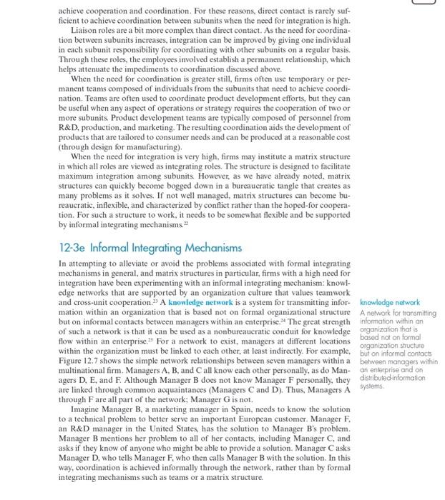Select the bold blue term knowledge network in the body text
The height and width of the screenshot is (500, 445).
[x=201, y=302]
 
